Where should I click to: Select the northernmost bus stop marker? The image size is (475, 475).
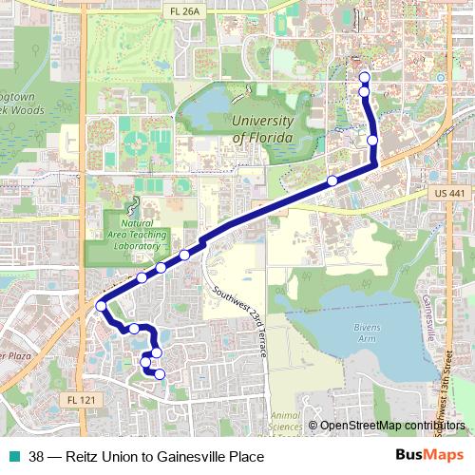click(x=364, y=77)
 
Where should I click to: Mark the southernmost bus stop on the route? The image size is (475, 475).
click(x=160, y=374)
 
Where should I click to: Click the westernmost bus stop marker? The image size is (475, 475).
click(x=101, y=306)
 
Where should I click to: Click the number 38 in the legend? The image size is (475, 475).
click(x=36, y=457)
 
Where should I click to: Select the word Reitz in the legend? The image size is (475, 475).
click(x=83, y=457)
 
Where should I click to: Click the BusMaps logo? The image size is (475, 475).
click(x=429, y=456)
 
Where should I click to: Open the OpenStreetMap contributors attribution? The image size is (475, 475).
click(x=391, y=426)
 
